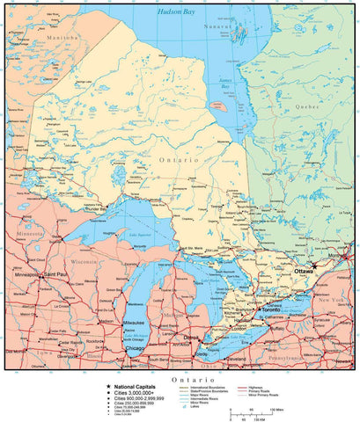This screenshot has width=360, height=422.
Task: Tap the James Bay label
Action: pos(226,85)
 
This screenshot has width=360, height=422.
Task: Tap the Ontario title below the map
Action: pos(179,379)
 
